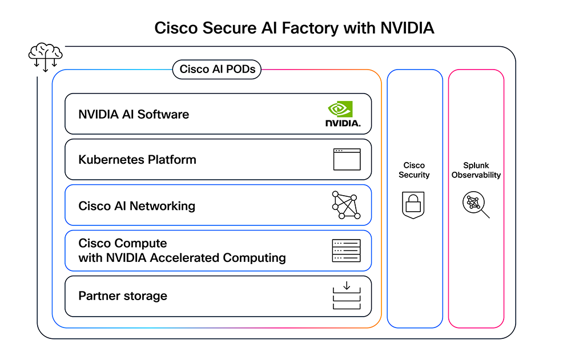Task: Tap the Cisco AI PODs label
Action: point(217,70)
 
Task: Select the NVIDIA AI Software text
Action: point(134,114)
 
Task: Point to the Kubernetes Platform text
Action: point(137,160)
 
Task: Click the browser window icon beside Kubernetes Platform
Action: point(347,160)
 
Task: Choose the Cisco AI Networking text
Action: point(136,206)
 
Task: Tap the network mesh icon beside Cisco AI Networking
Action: point(346,205)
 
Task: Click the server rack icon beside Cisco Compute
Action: point(346,250)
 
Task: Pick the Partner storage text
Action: point(123,296)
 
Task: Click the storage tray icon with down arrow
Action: point(346,296)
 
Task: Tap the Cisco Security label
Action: point(414,170)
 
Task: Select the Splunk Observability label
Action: point(476,170)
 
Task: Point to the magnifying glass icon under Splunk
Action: point(476,205)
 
